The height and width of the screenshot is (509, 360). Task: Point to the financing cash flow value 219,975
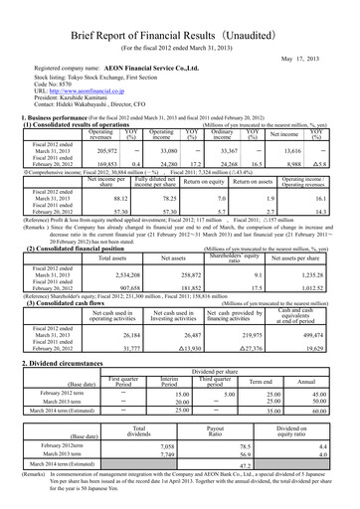(243, 307)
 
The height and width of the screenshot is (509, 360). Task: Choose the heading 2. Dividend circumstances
(74, 336)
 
